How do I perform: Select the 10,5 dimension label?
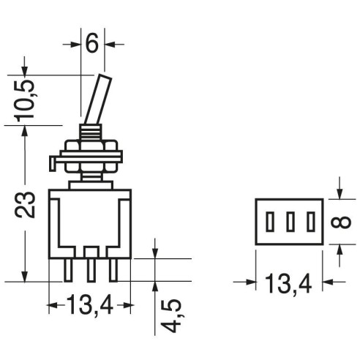tap(24, 100)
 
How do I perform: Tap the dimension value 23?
tap(25, 204)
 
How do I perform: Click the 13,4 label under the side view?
tap(90, 305)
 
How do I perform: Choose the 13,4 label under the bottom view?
tap(288, 283)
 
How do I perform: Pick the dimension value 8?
tap(341, 222)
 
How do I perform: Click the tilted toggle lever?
tap(98, 100)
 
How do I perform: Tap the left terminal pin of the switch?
tap(68, 270)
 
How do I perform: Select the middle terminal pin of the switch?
tap(91, 270)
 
